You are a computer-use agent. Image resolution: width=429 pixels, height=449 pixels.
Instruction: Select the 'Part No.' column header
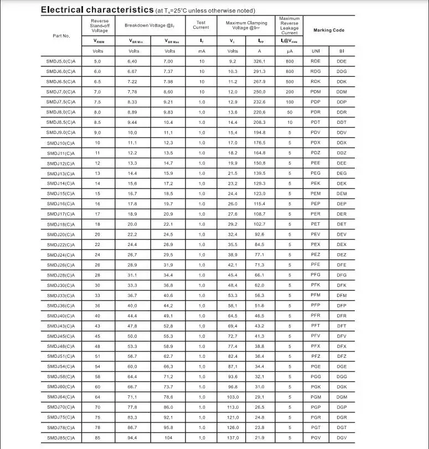(x=61, y=36)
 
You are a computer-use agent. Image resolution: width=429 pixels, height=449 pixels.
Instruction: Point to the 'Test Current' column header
(x=201, y=25)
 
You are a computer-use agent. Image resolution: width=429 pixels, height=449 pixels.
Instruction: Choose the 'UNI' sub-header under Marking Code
(x=316, y=51)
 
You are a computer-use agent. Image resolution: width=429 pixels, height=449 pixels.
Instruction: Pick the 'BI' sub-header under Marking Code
(x=342, y=51)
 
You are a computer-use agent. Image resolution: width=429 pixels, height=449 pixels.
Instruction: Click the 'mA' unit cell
(x=201, y=51)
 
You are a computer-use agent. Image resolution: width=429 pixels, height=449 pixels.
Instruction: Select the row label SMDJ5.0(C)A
(x=61, y=61)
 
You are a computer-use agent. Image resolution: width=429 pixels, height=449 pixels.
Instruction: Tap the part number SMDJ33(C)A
(x=61, y=295)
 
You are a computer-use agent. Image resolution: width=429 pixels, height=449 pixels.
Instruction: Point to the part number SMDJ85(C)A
(x=61, y=438)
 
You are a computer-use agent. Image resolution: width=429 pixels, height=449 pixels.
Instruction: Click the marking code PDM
(x=316, y=92)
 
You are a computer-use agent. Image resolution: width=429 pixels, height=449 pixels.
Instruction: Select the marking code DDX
(x=342, y=143)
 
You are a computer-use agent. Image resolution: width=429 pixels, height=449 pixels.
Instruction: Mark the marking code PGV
(x=316, y=438)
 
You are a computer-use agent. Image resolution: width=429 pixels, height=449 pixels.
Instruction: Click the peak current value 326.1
(x=259, y=61)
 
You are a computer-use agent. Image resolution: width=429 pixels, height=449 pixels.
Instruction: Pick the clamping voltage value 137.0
(x=233, y=438)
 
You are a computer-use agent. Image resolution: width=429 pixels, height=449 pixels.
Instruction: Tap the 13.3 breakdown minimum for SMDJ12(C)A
(x=133, y=163)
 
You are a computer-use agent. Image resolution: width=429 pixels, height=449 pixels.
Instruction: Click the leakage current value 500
(x=290, y=82)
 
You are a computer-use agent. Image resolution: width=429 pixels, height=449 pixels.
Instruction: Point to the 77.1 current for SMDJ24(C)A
(x=259, y=254)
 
